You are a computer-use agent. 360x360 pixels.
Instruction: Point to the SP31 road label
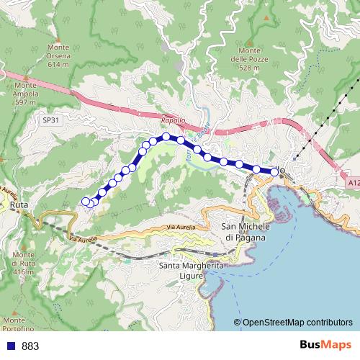tap(50, 122)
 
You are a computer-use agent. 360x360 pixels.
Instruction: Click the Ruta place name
tap(19, 204)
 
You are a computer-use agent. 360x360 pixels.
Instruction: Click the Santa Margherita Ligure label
tap(192, 271)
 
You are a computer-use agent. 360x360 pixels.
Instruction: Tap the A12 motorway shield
tap(351, 184)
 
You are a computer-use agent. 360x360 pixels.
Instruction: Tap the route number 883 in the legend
tap(30, 346)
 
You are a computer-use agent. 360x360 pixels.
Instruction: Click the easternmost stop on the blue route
tap(274, 171)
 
